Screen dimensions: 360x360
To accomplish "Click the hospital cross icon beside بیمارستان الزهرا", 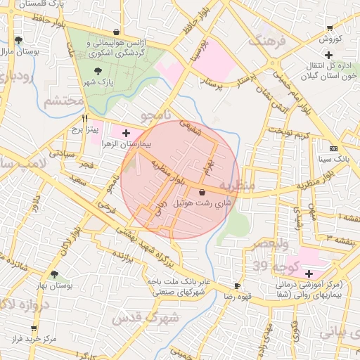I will point(126,132).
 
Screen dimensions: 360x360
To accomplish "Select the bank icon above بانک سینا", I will point(333,149).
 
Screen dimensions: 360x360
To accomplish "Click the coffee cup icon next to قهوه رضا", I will point(237,286).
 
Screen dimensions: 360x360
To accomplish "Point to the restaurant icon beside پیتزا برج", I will point(85,119).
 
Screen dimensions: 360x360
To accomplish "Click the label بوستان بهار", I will point(54,285).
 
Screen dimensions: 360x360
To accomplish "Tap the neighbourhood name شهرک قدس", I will point(150,318).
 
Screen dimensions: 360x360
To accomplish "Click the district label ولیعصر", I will point(262,244).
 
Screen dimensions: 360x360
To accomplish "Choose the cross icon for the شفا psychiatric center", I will point(309,272).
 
